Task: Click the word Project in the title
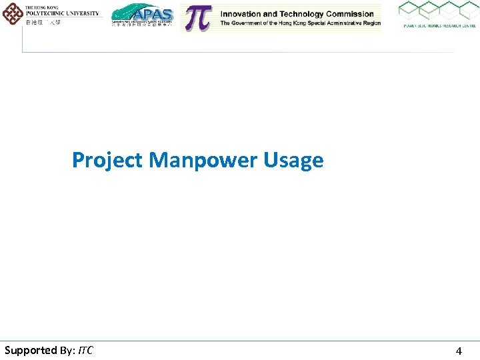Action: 107,161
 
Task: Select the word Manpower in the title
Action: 204,161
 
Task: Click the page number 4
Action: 459,351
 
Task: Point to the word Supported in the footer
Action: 31,350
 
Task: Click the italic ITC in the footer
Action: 85,350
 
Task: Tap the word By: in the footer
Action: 68,350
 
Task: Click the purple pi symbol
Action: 197,18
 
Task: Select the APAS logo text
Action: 153,14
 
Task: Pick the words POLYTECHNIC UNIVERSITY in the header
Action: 62,13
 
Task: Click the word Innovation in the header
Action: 245,14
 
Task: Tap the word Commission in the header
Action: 349,14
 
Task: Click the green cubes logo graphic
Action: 438,11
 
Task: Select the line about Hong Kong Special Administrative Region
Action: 301,23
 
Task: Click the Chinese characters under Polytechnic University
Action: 43,22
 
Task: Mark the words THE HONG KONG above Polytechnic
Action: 41,7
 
